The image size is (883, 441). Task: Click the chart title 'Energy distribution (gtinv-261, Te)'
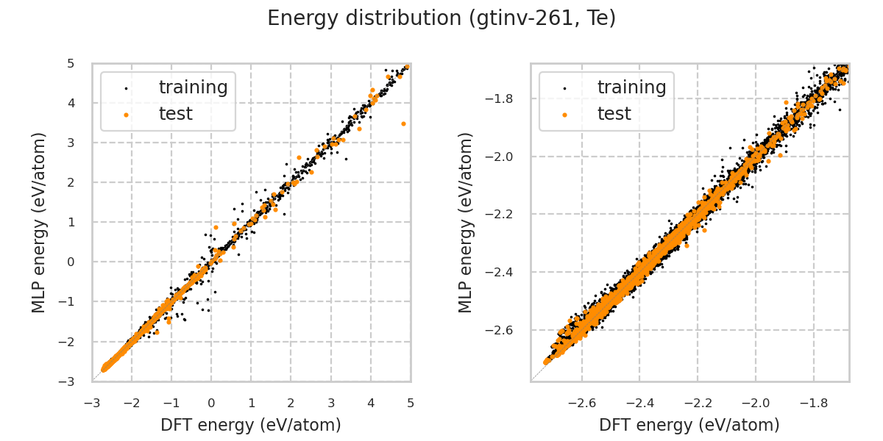click(x=441, y=18)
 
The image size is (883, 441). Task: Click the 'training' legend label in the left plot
click(x=193, y=87)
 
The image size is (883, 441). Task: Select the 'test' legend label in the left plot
click(x=175, y=114)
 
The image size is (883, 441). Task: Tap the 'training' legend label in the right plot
click(x=631, y=87)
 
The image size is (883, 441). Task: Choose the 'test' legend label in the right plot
click(x=614, y=114)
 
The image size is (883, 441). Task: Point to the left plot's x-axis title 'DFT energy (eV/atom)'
click(x=251, y=425)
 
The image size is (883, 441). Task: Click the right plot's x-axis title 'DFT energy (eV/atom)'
click(x=689, y=425)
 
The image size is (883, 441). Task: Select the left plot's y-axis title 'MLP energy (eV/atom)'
click(x=39, y=222)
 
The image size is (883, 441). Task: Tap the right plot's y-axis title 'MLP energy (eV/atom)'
click(x=465, y=222)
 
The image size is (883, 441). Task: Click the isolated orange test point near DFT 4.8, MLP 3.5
click(x=403, y=123)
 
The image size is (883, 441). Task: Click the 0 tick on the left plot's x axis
click(x=211, y=403)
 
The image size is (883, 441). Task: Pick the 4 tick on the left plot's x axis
click(x=370, y=403)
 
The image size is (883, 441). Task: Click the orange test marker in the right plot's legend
click(x=564, y=115)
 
